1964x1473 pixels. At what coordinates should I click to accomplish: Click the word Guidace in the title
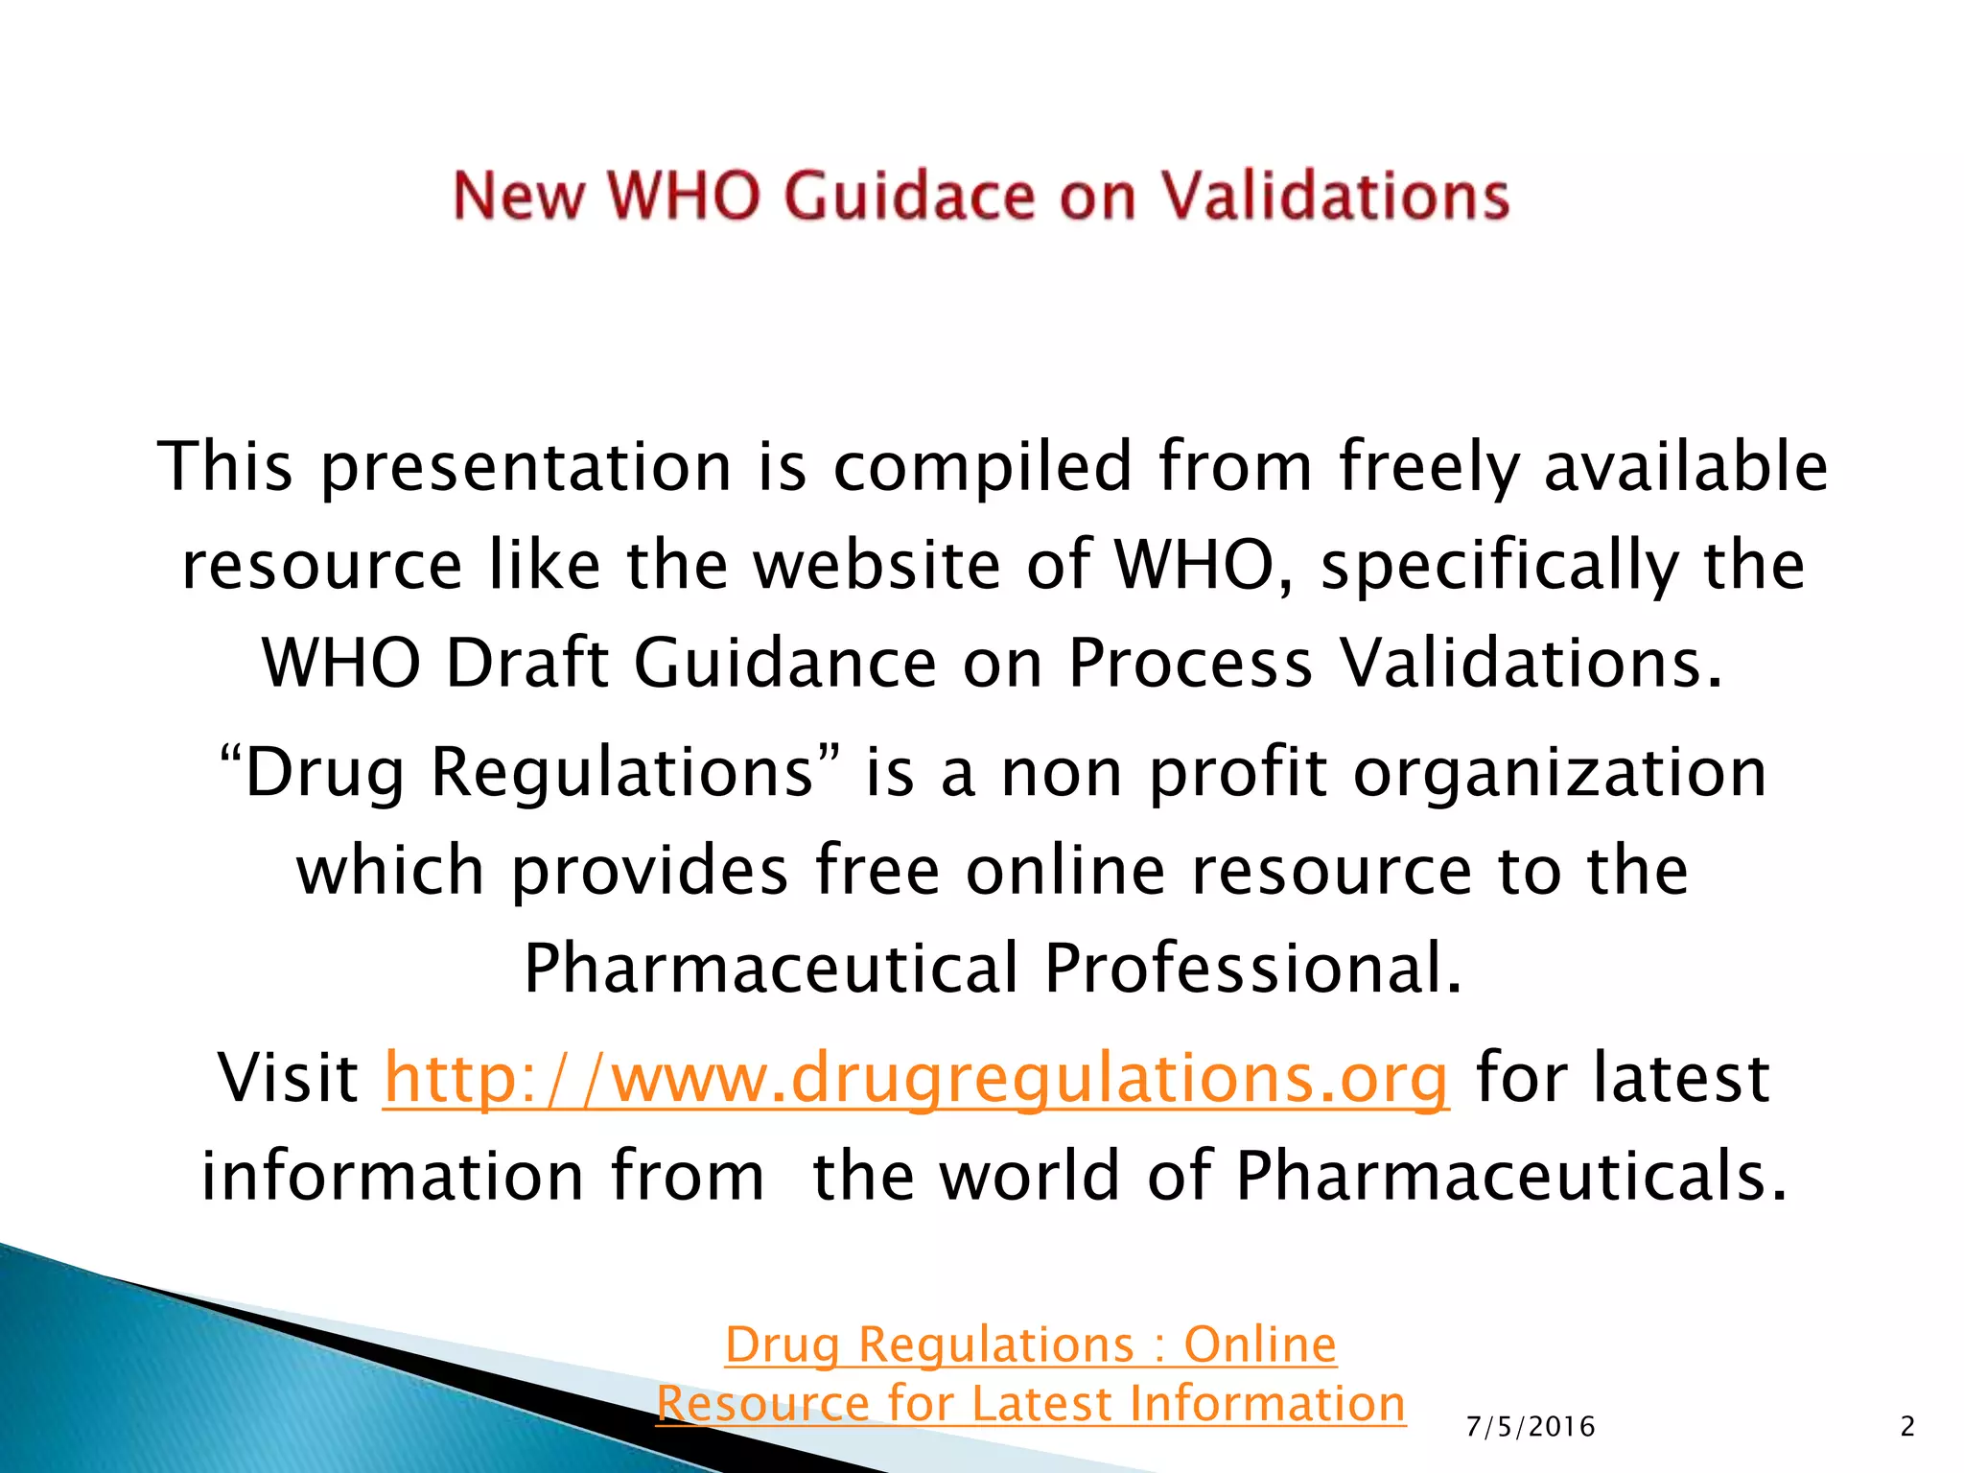[909, 197]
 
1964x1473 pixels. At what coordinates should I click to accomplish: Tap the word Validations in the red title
[1336, 197]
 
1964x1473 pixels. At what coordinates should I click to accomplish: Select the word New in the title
[518, 197]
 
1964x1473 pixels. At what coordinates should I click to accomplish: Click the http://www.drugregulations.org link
[916, 1078]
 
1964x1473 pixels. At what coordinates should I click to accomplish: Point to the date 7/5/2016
[1531, 1427]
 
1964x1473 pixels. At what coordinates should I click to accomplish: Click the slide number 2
[1907, 1427]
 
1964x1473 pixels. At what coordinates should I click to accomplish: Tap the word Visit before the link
[288, 1078]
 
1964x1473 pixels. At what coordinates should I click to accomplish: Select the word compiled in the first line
[983, 466]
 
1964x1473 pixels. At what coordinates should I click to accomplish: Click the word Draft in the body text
[527, 663]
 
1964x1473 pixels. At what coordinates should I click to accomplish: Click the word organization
[1559, 772]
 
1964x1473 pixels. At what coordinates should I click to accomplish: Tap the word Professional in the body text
[1253, 968]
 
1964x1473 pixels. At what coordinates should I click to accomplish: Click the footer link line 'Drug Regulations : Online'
[1031, 1344]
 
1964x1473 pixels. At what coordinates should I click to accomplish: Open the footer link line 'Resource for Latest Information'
[1031, 1404]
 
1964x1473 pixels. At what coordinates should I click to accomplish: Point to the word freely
[1428, 466]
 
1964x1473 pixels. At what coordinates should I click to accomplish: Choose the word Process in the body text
[1190, 663]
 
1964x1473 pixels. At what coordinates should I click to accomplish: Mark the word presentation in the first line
[526, 466]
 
